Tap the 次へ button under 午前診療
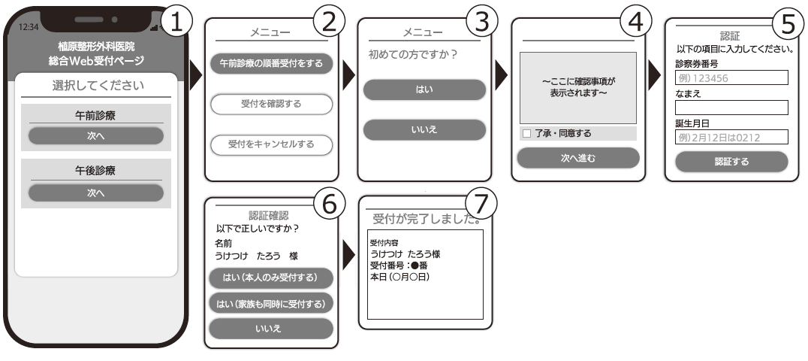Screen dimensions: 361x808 coord(95,136)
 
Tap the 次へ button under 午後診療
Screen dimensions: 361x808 coord(95,193)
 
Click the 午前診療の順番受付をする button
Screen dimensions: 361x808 coord(271,63)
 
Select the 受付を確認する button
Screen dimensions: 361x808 coord(271,104)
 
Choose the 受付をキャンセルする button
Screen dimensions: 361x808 coord(271,144)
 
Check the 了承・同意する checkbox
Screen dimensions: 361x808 coord(526,134)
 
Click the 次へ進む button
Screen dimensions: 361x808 coord(577,157)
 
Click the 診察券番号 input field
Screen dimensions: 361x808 coord(731,77)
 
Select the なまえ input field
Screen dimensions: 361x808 coord(731,108)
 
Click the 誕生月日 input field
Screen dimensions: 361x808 coord(731,137)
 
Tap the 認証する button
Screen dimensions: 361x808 coord(731,162)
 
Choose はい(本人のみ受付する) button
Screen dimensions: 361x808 coord(271,278)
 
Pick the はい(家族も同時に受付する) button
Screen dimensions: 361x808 coord(271,303)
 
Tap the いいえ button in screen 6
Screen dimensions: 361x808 coord(271,328)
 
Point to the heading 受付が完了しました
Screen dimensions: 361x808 coord(425,219)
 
